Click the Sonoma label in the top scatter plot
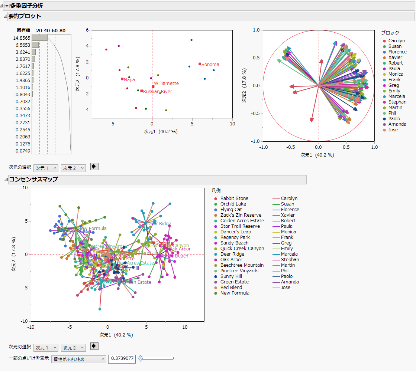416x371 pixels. pos(210,65)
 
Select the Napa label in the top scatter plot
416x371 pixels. pos(129,79)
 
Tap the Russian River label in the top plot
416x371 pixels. pos(158,91)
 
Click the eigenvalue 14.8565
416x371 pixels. pos(22,38)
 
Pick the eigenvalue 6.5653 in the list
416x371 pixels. pos(22,45)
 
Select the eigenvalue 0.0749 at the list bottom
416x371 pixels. pos(23,151)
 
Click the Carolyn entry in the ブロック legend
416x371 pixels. pos(396,41)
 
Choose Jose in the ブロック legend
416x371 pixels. pos(393,130)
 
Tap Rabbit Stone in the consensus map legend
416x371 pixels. pos(234,198)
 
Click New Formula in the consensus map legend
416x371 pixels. pos(235,293)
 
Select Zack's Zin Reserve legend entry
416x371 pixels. pos(241,215)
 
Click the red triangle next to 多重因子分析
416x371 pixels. pos(7,6)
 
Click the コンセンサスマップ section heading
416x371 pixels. pos(33,180)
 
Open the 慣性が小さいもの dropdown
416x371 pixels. pos(79,359)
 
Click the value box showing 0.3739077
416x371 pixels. pos(122,359)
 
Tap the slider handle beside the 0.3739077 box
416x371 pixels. pos(141,358)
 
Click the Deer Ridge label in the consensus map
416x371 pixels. pos(159,224)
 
